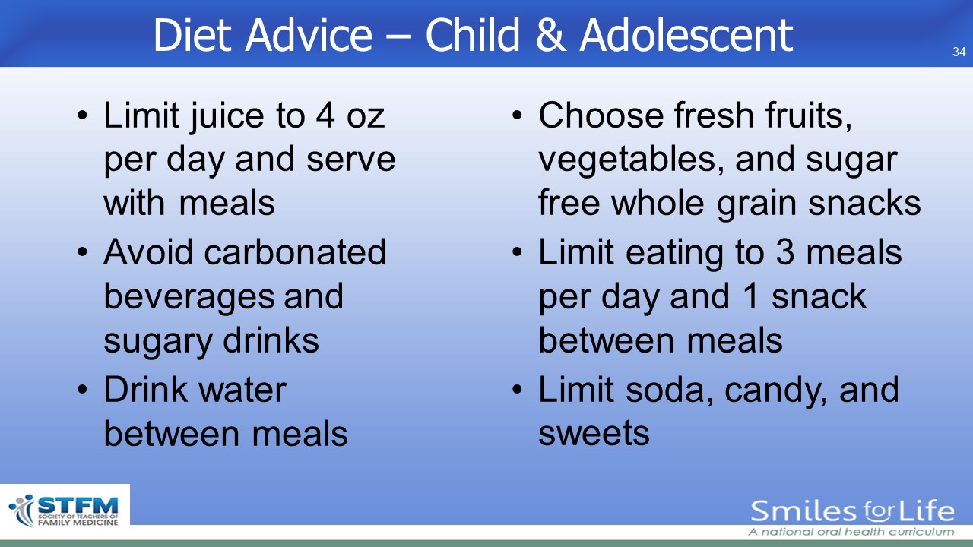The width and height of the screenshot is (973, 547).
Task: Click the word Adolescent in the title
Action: tap(686, 35)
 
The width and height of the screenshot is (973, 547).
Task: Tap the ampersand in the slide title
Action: tap(551, 35)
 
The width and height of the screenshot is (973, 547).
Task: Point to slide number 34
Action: tap(959, 52)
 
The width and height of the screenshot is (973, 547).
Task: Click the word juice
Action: tap(227, 117)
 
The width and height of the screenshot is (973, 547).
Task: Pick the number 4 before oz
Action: tap(325, 115)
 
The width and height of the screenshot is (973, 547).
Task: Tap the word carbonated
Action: tap(295, 252)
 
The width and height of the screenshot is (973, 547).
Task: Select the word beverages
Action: tap(189, 298)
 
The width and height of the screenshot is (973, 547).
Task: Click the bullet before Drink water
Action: tap(83, 390)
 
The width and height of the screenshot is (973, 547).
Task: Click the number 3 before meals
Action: tap(785, 252)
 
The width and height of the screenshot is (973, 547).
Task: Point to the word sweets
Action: tap(594, 433)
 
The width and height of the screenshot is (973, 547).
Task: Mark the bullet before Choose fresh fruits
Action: tap(517, 115)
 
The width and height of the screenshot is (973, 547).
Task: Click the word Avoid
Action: tap(148, 252)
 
